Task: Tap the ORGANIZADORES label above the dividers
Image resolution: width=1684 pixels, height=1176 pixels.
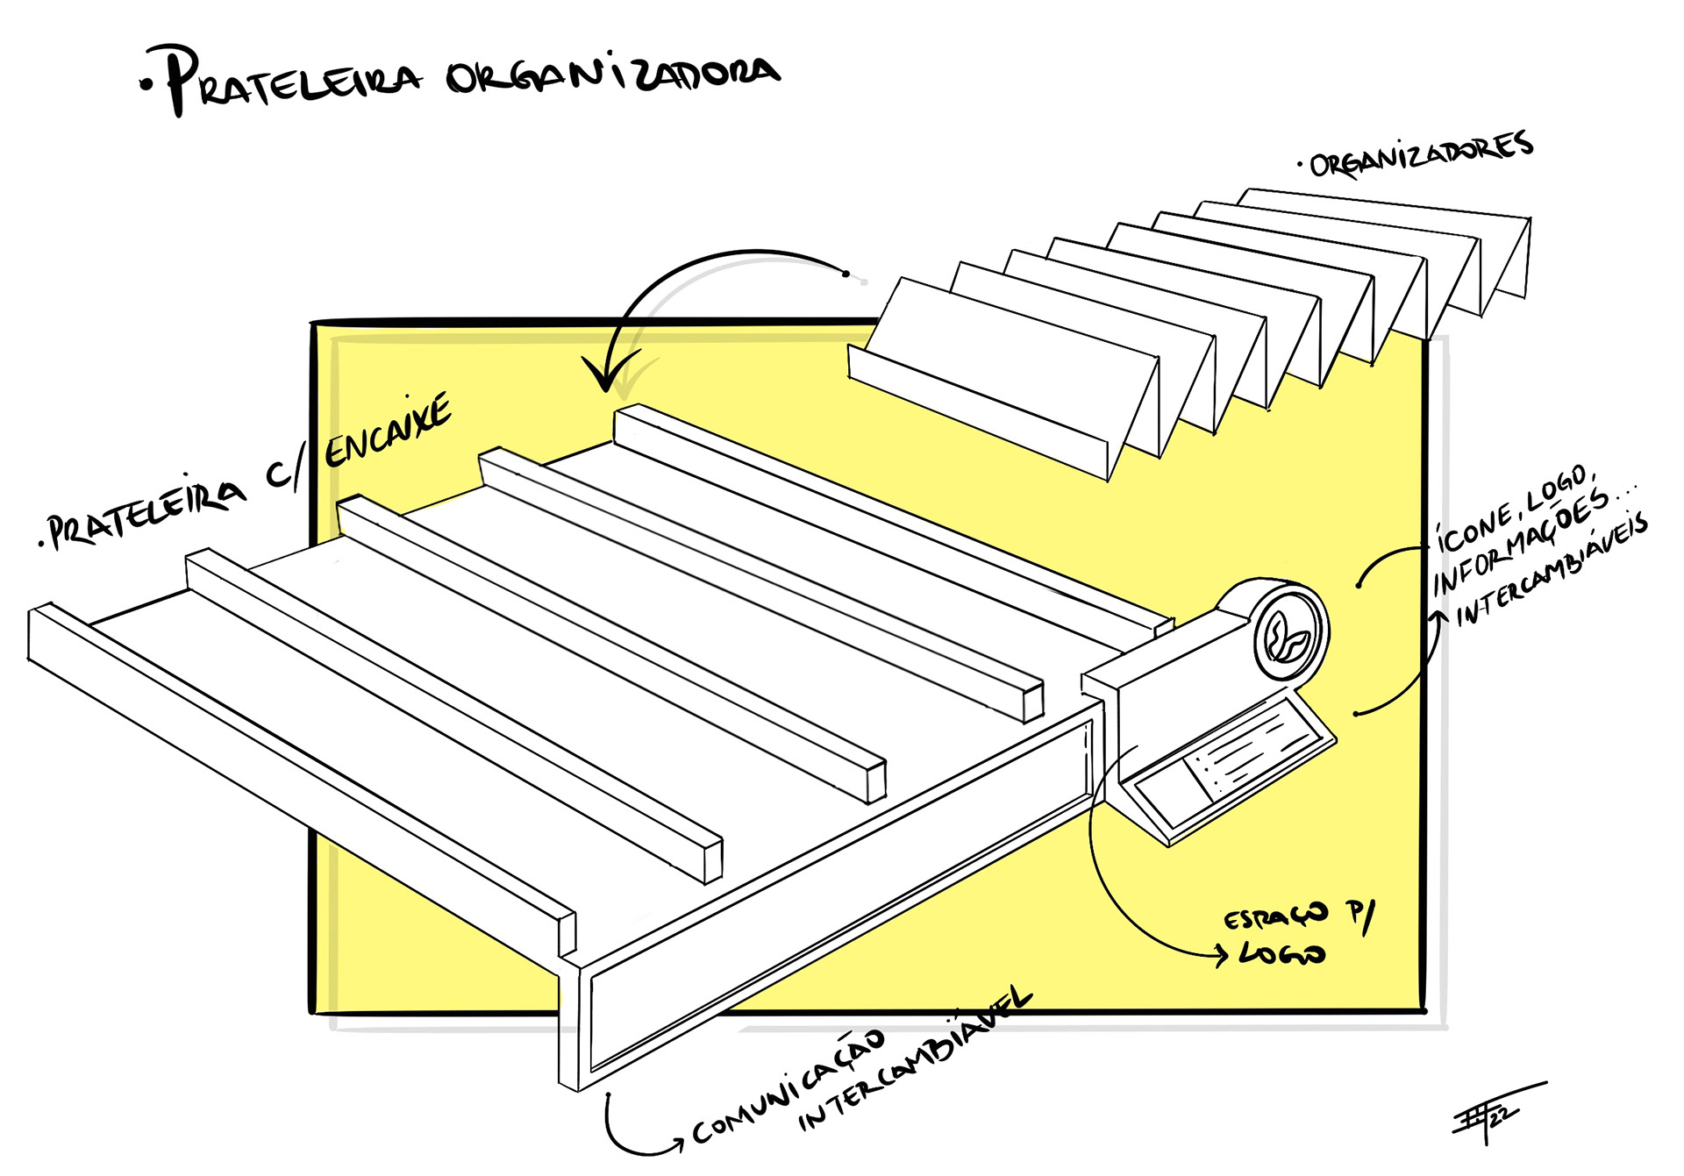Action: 1421,155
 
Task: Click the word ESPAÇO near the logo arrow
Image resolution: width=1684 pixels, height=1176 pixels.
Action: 1276,917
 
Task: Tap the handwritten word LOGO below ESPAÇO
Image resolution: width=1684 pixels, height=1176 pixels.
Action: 1281,954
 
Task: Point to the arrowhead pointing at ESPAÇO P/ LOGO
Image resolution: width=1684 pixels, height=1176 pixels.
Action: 1222,954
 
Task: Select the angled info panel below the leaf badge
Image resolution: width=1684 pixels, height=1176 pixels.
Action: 1228,763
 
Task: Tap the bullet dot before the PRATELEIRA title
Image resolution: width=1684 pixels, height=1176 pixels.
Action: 145,85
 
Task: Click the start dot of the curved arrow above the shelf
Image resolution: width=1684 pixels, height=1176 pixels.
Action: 846,274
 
